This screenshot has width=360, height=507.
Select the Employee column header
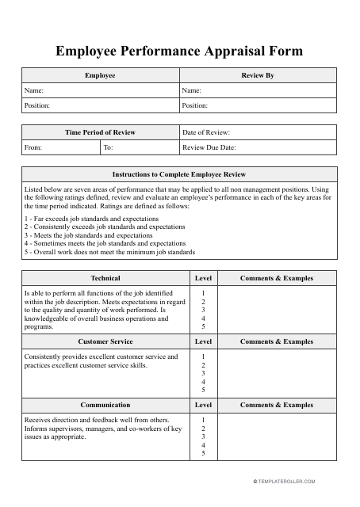click(100, 75)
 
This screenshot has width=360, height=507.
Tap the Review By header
click(258, 75)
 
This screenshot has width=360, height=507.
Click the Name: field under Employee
click(100, 90)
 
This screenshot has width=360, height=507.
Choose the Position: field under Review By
click(258, 105)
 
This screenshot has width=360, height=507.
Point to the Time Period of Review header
click(100, 132)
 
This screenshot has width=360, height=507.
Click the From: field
click(60, 147)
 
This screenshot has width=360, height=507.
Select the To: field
click(139, 147)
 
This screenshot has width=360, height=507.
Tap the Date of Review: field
click(258, 132)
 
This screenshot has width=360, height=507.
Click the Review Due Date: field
click(258, 147)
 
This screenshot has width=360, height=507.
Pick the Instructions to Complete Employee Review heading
click(179, 173)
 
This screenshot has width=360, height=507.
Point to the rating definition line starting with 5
click(109, 252)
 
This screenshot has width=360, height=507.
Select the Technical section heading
click(105, 278)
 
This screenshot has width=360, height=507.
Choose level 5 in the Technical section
click(204, 326)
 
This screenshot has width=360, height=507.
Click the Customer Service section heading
click(105, 341)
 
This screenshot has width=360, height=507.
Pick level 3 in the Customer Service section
click(204, 373)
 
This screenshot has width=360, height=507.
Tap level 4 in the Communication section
click(204, 444)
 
